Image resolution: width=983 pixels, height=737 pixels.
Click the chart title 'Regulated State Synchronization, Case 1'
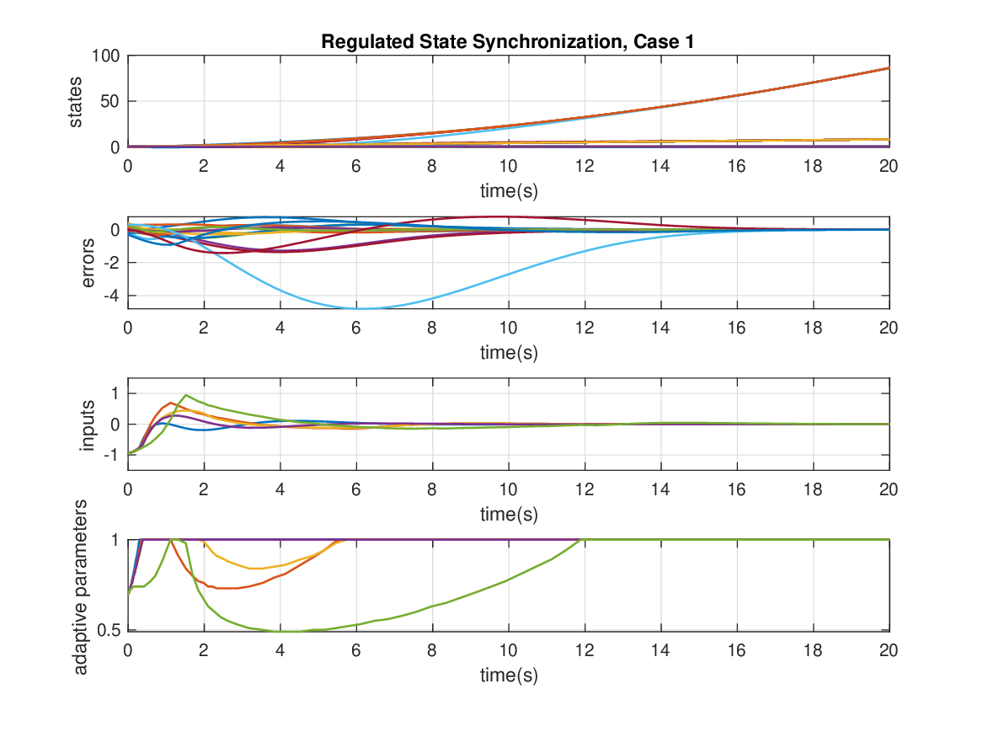(x=508, y=43)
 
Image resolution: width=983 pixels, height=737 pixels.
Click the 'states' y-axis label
(x=77, y=102)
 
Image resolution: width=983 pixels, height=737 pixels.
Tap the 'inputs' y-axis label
(x=88, y=425)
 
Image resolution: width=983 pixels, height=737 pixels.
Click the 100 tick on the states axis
(x=107, y=56)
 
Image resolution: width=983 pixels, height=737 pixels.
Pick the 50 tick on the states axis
(x=111, y=102)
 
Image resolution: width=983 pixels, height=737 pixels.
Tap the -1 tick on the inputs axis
(x=111, y=455)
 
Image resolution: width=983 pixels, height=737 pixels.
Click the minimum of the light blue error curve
(x=360, y=309)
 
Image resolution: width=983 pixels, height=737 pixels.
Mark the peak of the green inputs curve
(x=185, y=395)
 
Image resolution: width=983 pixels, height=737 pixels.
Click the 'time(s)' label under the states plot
(x=508, y=191)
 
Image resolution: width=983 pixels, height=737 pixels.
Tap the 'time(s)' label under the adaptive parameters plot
(x=508, y=675)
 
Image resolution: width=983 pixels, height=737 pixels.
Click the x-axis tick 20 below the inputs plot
(x=889, y=488)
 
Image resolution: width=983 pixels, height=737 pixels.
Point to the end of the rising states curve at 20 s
(x=889, y=68)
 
